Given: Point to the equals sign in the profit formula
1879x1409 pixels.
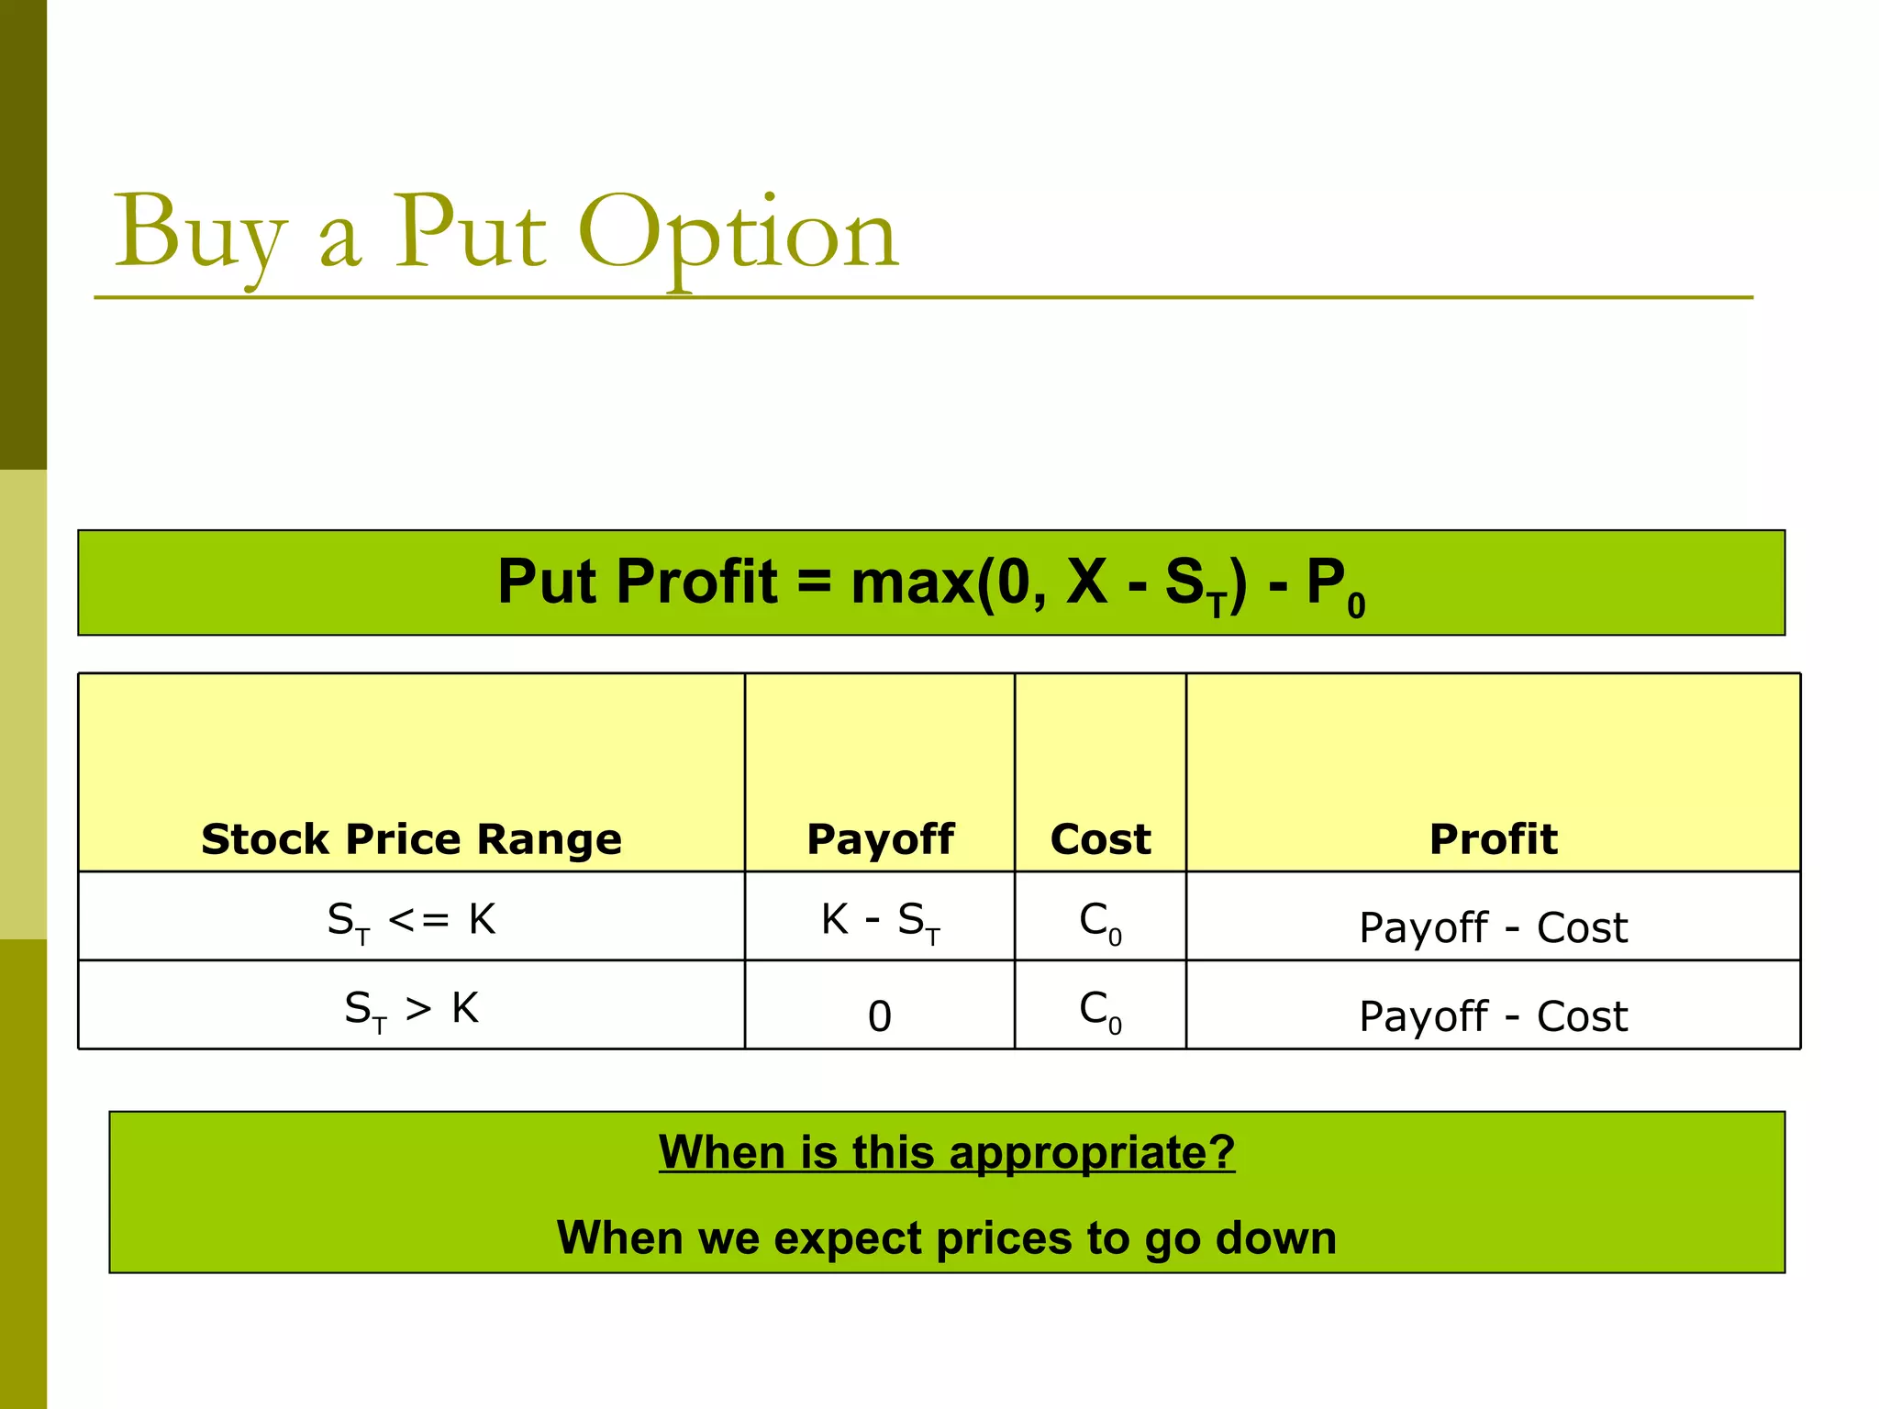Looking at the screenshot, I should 814,584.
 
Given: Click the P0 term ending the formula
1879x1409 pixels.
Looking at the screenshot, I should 1336,587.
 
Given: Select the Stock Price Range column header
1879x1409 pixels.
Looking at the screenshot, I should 411,839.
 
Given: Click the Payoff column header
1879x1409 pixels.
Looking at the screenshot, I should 880,839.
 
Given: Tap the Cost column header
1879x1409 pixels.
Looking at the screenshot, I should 1100,839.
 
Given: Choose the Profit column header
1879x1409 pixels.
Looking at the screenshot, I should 1493,839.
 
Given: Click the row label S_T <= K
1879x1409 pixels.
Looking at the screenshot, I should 411,920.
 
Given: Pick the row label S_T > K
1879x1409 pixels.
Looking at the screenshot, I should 411,1009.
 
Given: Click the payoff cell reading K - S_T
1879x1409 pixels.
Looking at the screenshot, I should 880,920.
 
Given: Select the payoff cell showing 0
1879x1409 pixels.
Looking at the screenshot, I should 880,1015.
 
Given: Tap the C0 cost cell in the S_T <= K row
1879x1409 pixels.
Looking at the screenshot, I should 1100,920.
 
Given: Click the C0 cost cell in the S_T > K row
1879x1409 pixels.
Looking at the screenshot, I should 1100,1010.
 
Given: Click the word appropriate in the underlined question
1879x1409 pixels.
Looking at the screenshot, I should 1092,1152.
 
